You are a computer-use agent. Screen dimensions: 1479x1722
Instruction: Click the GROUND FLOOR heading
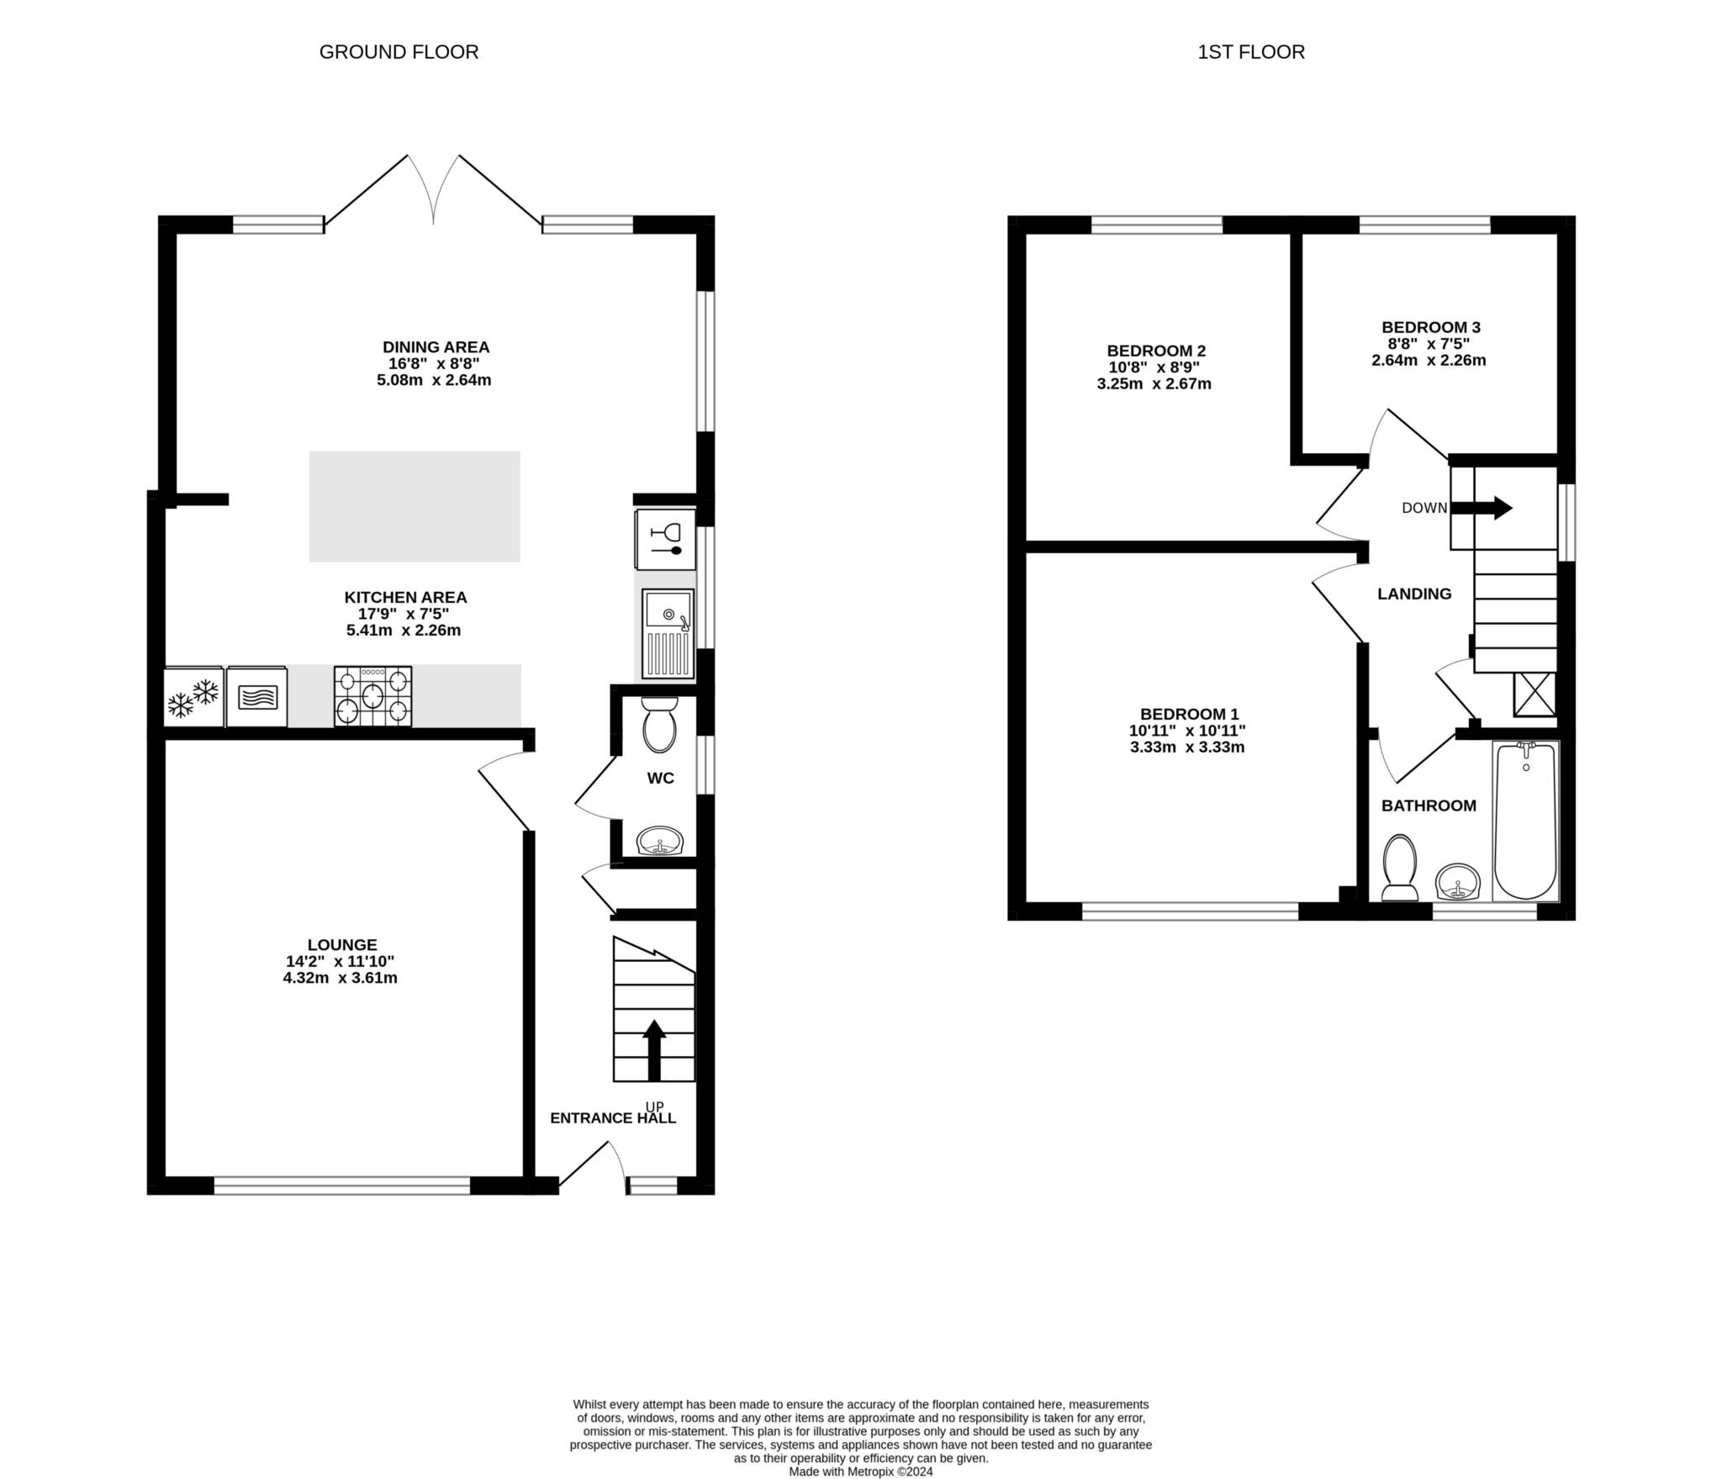point(399,52)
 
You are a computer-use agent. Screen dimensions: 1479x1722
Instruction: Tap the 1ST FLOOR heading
point(1250,52)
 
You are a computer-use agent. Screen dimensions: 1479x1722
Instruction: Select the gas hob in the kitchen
point(372,695)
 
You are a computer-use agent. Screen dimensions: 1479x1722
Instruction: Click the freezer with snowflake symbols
point(193,697)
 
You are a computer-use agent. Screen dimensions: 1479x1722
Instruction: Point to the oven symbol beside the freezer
point(256,697)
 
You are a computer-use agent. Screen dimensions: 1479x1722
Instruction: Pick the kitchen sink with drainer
point(668,633)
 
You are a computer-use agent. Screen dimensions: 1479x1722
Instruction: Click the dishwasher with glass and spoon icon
point(665,539)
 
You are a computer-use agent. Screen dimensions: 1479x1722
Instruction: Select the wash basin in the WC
point(660,840)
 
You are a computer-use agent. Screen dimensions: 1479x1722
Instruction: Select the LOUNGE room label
point(342,945)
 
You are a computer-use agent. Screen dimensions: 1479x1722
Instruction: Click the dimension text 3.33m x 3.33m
point(1187,747)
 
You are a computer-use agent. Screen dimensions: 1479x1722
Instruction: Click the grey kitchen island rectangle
point(414,506)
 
